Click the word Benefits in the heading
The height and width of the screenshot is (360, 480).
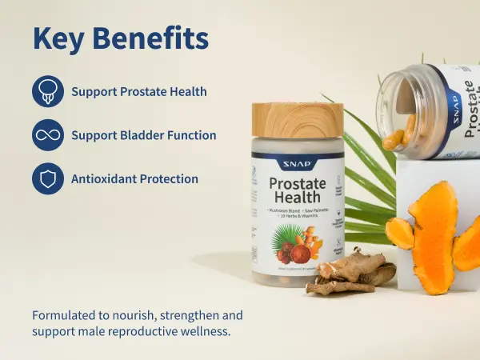click(155, 38)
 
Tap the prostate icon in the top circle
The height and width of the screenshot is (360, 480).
click(47, 92)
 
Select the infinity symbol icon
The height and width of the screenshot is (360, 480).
click(47, 135)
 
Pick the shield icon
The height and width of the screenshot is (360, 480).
click(47, 178)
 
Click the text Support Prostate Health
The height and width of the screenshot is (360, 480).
click(139, 92)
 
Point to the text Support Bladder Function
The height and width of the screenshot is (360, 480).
click(144, 135)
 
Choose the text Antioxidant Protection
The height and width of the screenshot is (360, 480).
click(134, 178)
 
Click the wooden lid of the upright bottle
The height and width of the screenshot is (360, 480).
click(297, 120)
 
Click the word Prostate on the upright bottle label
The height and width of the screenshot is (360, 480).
click(297, 183)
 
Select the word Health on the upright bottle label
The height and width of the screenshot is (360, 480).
click(297, 198)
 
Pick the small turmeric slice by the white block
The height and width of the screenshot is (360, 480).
click(399, 233)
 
